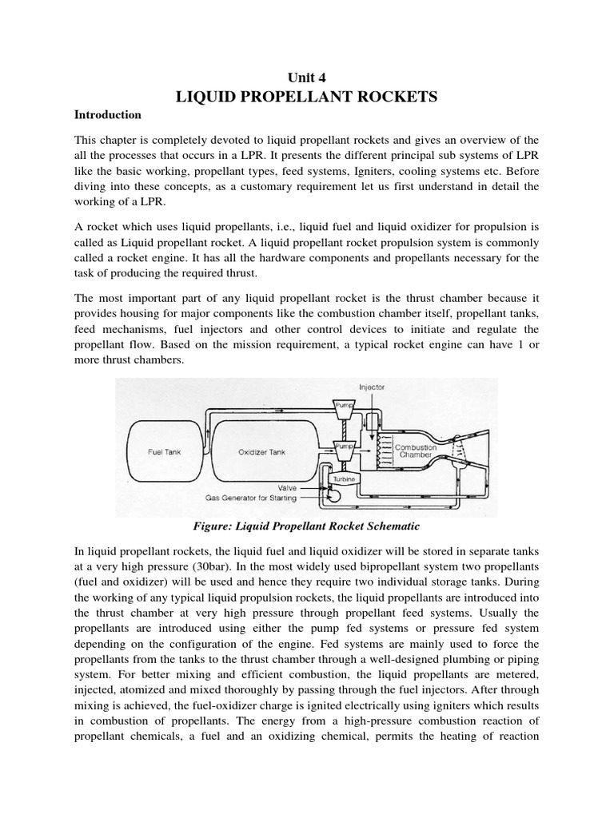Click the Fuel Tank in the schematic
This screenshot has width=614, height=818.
164,451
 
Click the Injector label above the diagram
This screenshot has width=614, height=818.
372,387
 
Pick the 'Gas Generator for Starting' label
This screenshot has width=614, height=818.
250,498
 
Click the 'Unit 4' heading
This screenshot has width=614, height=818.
306,76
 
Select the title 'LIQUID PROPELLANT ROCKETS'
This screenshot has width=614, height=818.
306,97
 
